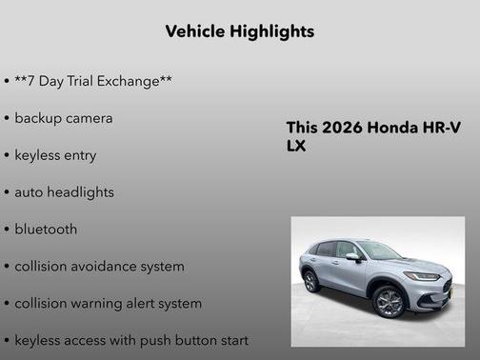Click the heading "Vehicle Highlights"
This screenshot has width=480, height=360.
click(x=240, y=31)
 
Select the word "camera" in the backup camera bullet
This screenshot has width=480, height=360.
click(x=89, y=118)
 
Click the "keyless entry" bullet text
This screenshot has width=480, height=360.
click(x=55, y=155)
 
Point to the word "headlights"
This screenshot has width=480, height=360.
click(x=79, y=192)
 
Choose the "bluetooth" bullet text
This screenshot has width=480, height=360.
click(x=46, y=230)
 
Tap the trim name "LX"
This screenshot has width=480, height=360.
click(x=297, y=147)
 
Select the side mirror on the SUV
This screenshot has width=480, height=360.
click(x=352, y=256)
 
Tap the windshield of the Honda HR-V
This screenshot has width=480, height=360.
click(x=378, y=250)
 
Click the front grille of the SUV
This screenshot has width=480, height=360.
click(x=446, y=283)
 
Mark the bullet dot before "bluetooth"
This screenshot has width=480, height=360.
click(x=7, y=230)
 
